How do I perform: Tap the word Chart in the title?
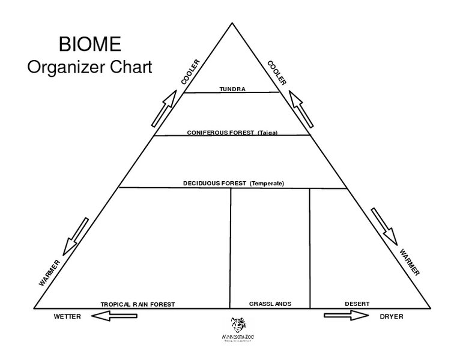(132, 67)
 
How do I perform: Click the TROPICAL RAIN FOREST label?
(138, 304)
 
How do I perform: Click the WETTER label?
(67, 316)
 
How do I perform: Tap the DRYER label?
(391, 316)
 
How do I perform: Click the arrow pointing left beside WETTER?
(115, 316)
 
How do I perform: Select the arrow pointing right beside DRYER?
(346, 316)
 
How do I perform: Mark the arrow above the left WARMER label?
(76, 236)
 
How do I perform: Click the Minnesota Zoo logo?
(239, 329)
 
